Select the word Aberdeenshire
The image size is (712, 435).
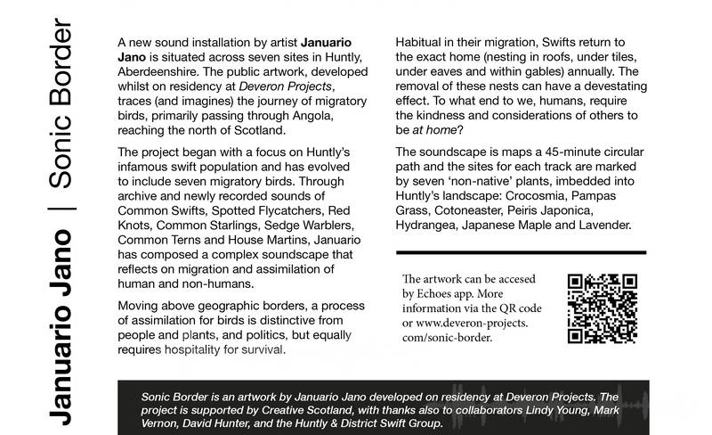click(x=161, y=75)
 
